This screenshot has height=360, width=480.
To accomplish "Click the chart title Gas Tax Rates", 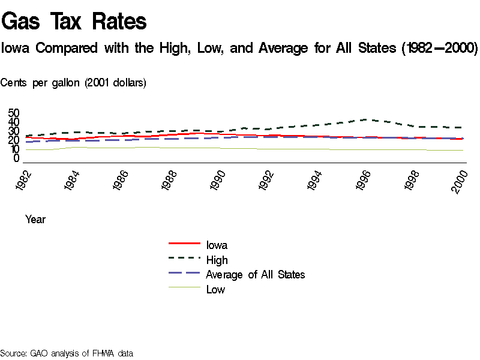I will [74, 22].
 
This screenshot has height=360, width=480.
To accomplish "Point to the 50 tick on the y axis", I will [14, 113].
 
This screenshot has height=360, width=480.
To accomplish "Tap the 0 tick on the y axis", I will [17, 158].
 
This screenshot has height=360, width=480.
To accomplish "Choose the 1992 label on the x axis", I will [268, 181].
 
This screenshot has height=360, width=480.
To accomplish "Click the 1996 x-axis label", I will [367, 181].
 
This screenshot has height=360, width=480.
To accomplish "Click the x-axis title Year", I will [35, 220].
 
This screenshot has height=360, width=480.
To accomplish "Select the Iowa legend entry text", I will [217, 245].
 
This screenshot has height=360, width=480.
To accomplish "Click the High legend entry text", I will [217, 260].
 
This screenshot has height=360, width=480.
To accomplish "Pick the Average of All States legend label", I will [255, 275].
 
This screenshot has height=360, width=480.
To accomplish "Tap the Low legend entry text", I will [215, 290].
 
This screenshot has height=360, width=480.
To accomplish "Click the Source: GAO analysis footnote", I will [66, 353].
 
